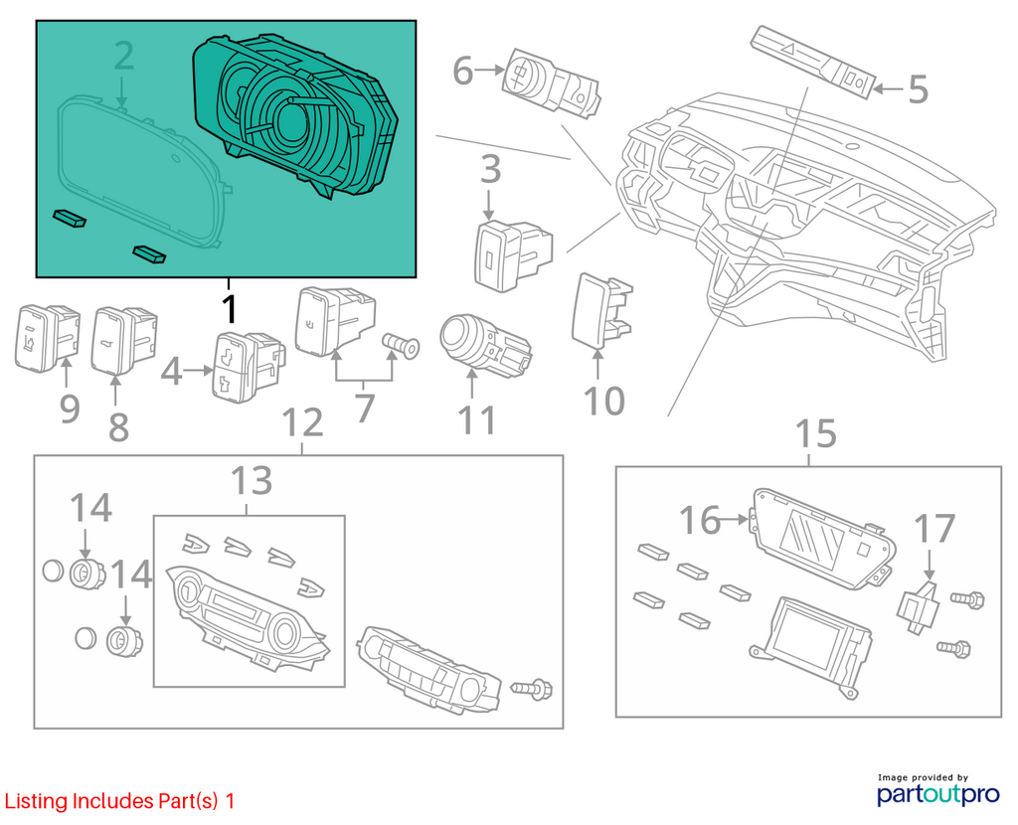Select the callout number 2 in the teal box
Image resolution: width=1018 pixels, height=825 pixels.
[124, 56]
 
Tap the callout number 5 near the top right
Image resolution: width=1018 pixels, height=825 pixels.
[918, 88]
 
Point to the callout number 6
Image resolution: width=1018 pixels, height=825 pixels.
[462, 71]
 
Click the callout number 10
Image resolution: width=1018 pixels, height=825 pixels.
[604, 401]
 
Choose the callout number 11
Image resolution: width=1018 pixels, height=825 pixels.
[477, 419]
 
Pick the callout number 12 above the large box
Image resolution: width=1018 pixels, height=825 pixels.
[303, 422]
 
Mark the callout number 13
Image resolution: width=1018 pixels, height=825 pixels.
[252, 481]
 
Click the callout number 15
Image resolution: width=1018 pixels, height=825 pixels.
[816, 433]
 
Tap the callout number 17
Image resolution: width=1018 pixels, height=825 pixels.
[934, 529]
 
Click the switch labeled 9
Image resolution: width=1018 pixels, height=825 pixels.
[47, 338]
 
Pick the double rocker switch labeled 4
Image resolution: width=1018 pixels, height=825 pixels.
[248, 367]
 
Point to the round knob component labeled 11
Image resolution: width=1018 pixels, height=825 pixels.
[485, 346]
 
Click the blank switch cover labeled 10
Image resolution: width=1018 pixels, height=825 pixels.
[601, 309]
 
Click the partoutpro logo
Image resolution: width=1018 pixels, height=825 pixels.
[938, 789]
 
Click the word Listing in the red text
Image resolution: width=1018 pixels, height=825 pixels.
[36, 801]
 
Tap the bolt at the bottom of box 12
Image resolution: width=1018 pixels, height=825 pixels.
[533, 688]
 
